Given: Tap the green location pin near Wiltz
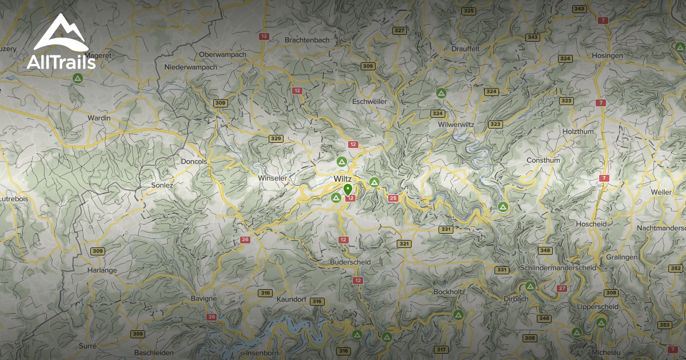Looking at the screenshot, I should point(347,190).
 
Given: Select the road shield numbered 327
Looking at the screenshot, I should point(400,30).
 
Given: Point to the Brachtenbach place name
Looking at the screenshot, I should point(306,40).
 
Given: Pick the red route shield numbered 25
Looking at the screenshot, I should point(393,198).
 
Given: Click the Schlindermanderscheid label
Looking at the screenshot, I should point(559,267).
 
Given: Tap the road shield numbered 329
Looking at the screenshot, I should point(276,139).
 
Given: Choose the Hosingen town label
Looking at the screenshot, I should point(607,55).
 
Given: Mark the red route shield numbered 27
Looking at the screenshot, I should point(562,289).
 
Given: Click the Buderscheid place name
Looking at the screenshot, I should point(350,262).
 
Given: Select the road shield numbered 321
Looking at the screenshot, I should point(404,244).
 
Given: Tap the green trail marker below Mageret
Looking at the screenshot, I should point(77,79).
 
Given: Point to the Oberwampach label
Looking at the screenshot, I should point(222,54).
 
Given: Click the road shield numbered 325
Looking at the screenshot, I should point(469,11).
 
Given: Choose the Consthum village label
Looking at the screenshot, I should point(543,160).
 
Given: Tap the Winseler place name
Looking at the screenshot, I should point(272,178).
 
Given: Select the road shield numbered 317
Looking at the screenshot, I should point(440,349).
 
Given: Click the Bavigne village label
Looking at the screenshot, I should point(204,298).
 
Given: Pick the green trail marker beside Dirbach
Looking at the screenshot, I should point(531,286).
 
